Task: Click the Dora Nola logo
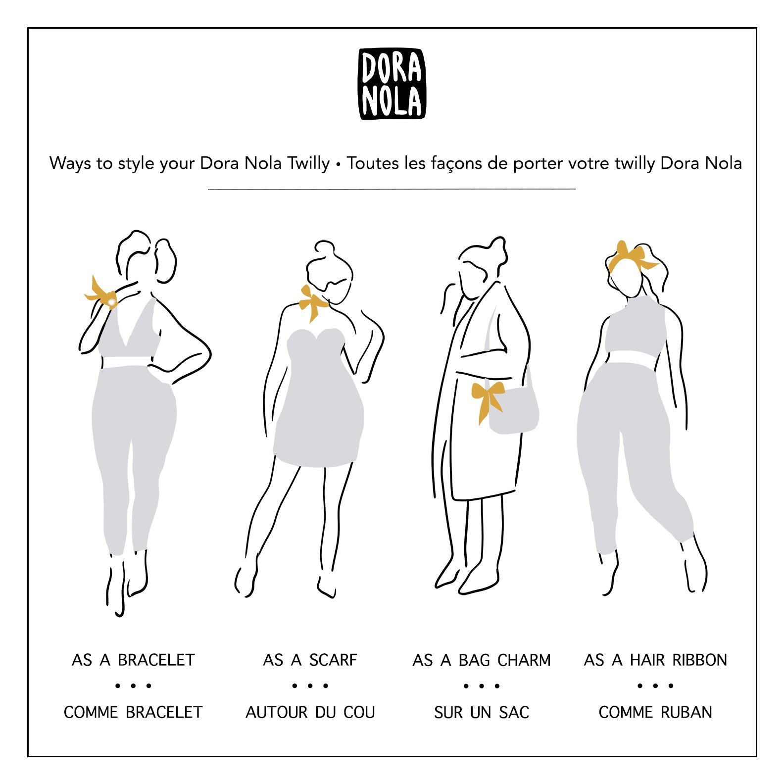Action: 392,84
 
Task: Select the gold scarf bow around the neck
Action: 313,302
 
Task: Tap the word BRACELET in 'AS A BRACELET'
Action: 156,660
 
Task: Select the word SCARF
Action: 333,660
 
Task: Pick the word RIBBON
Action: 699,660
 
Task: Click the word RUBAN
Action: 686,712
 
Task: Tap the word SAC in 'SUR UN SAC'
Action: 514,712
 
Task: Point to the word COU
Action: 359,712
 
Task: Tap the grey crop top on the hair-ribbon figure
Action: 635,329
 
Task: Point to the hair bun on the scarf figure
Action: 325,247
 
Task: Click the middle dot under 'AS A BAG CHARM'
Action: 482,686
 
